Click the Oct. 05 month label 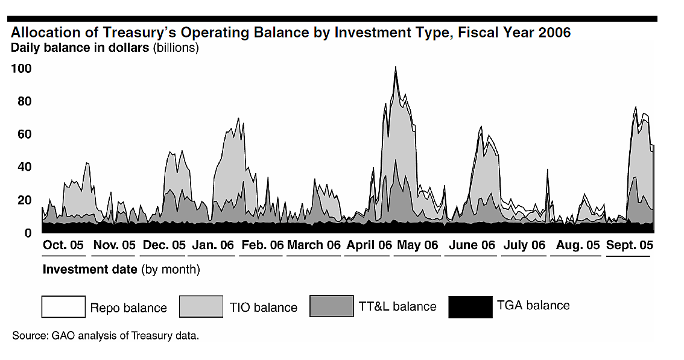pos(63,245)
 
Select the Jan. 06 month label pos(213,245)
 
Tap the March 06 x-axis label pos(314,245)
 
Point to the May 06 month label pos(417,245)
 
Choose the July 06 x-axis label pos(524,245)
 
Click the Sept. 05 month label pos(629,245)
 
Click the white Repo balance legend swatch pos(63,306)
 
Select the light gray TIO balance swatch pos(202,306)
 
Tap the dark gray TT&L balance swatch pos(331,306)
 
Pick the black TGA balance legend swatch pos(470,306)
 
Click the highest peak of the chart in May pos(396,68)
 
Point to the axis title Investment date pos(90,270)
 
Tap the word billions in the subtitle pos(177,47)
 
